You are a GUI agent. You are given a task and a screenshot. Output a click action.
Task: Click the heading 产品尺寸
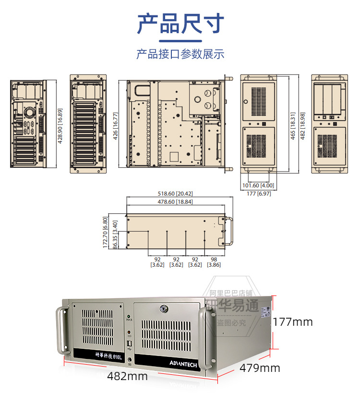pos(180,24)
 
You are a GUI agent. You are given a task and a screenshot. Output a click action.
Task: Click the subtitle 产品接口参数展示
pos(180,54)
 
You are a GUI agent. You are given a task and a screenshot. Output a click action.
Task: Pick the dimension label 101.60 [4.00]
pos(258,185)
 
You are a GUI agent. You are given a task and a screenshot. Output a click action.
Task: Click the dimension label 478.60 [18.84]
pos(175,202)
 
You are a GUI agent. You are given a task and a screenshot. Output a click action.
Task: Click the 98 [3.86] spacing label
pos(214,261)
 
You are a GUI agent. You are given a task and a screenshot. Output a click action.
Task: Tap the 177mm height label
pos(292,321)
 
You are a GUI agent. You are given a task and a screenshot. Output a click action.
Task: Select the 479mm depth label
pos(260,368)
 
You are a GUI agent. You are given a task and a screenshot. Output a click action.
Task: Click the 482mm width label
pos(127,376)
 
